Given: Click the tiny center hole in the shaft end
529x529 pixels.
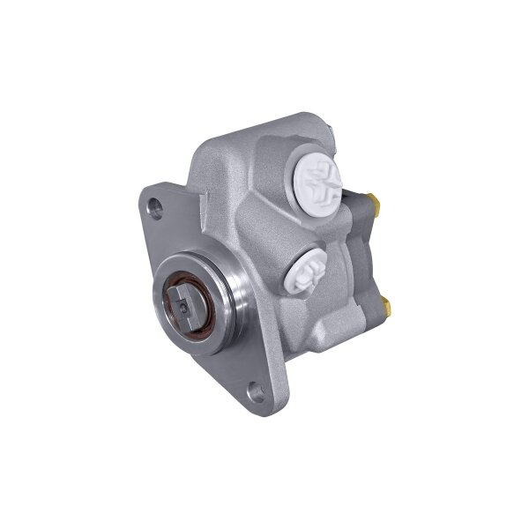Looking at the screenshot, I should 180,308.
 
